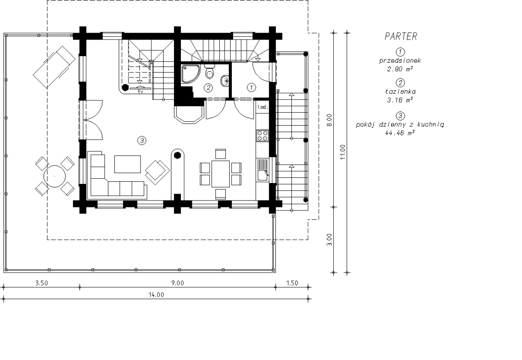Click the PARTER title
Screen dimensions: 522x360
[401, 37]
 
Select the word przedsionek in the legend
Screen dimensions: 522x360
[400, 60]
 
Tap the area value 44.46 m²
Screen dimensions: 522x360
[400, 133]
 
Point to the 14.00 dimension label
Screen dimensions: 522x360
[156, 295]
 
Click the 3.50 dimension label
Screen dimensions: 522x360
[41, 283]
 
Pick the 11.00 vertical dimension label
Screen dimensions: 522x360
[343, 152]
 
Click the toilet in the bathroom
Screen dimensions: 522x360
[210, 71]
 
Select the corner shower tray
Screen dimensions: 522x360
[191, 73]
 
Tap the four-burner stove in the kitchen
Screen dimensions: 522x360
[262, 136]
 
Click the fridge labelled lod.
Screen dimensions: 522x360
[263, 107]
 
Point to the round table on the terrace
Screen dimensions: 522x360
[54, 176]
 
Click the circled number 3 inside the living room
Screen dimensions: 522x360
[142, 140]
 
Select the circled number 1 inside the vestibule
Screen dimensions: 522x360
[251, 87]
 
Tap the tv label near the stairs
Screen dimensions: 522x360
[140, 91]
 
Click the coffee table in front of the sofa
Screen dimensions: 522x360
[127, 164]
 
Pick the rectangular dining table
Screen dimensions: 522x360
[221, 174]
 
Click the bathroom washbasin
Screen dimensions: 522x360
[224, 81]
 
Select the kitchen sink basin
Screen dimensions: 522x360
[263, 176]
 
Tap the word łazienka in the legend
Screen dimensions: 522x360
[400, 91]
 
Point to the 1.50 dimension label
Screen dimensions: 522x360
[292, 283]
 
